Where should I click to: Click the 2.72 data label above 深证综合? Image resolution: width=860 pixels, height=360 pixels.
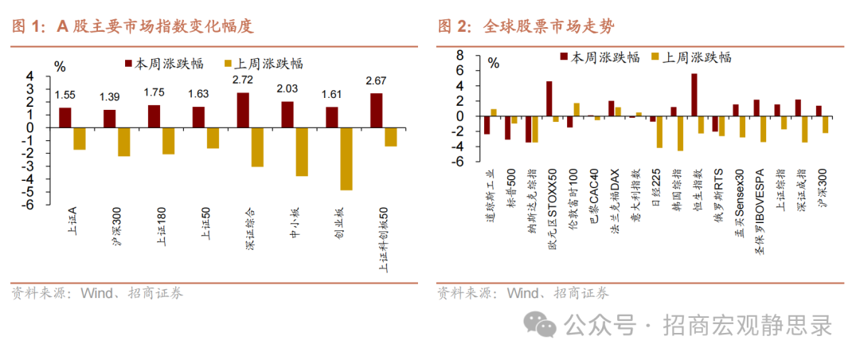pos(243,80)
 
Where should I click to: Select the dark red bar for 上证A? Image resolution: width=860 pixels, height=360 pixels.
pos(65,117)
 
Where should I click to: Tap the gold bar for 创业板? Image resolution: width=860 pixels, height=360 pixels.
pos(346,158)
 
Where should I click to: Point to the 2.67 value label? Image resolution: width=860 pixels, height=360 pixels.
pos(376,80)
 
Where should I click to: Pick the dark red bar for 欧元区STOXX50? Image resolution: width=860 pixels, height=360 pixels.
pos(549,99)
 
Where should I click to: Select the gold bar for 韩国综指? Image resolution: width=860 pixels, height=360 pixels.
pos(680,133)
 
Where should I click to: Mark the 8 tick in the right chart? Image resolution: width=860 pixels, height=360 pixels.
pos(459,56)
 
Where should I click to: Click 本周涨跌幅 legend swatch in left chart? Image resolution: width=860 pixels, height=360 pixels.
pos(128,63)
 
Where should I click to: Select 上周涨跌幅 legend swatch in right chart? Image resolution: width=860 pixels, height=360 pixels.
pos(657,57)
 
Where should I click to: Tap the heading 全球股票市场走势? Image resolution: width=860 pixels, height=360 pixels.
pos(549,26)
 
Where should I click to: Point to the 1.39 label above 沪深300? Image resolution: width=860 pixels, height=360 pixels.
pos(110,96)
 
